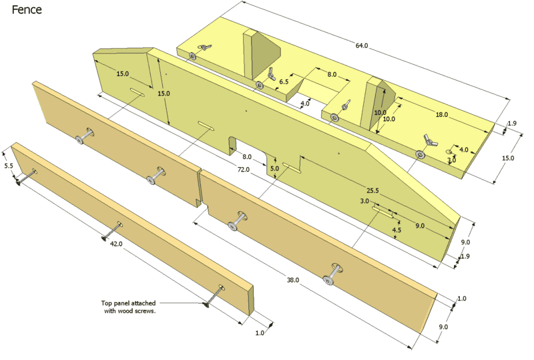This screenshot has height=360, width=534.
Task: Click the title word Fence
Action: [x=26, y=10]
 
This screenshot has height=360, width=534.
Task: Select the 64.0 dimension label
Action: [x=361, y=45]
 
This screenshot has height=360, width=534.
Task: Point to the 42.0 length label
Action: [x=116, y=244]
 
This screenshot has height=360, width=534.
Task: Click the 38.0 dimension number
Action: [x=292, y=280]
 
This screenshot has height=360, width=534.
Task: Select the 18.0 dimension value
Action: [x=442, y=115]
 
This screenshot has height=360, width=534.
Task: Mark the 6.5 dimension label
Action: [x=284, y=81]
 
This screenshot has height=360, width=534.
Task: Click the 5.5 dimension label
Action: [x=8, y=165]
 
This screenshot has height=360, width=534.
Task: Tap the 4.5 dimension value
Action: [x=396, y=230]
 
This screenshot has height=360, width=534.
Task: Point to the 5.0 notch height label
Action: [x=274, y=168]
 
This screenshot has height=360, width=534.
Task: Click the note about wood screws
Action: [x=125, y=307]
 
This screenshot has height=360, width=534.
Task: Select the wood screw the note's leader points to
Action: [x=207, y=305]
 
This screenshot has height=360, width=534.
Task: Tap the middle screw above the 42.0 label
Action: [x=106, y=236]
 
